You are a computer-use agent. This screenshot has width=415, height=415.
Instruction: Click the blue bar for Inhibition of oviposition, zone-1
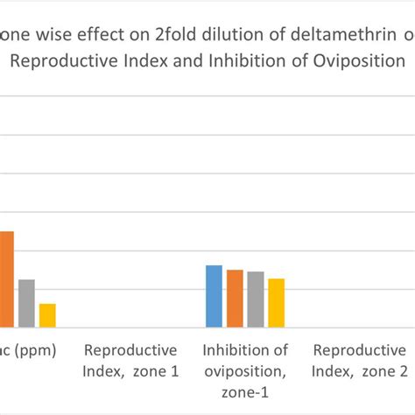coord(215,296)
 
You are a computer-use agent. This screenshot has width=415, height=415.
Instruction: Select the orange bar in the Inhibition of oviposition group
coord(235,299)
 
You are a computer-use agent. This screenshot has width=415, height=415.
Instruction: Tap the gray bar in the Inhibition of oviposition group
coord(256,299)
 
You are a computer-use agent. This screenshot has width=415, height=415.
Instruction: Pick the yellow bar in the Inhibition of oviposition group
coord(277,303)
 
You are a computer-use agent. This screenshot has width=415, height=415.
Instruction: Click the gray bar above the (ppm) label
coord(26,303)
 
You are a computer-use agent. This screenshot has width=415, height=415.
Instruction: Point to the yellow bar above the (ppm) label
coord(47,315)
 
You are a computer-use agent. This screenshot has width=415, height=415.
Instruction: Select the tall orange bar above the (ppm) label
coord(6,279)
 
